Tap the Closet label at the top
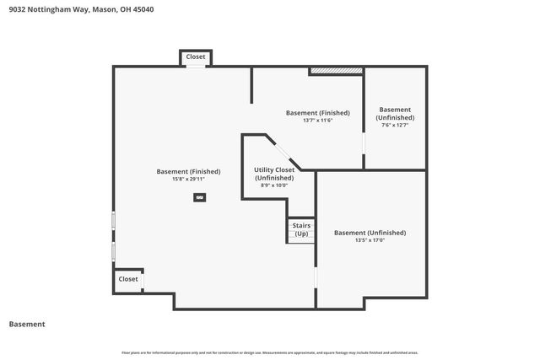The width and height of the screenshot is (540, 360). coord(196,56)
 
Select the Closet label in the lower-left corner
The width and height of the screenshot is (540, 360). coord(128,279)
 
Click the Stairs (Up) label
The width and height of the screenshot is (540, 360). coord(301,229)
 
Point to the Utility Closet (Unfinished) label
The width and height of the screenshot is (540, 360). coord(274,174)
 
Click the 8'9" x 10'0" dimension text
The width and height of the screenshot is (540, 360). coord(274,185)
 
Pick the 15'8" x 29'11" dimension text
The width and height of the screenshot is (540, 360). coord(188,179)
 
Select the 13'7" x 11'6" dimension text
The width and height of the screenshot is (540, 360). coord(318,120)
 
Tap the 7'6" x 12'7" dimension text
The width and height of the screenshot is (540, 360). coord(395,126)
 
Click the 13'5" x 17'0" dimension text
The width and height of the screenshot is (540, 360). coord(370,240)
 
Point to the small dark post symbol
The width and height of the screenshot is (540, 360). coord(200,197)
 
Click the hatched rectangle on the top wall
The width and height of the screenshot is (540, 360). coord(336,71)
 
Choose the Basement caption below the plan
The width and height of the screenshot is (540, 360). coord(27,324)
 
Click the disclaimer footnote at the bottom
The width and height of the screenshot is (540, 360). coord(270,352)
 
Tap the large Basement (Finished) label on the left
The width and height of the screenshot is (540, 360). coord(188,171)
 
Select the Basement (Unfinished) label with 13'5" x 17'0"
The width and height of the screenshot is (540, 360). coord(370,233)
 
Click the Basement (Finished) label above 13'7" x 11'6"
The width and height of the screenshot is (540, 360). coord(318,112)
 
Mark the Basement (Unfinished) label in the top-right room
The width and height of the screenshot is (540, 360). coord(395,114)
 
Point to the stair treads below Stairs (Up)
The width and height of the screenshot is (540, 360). coord(301,239)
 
